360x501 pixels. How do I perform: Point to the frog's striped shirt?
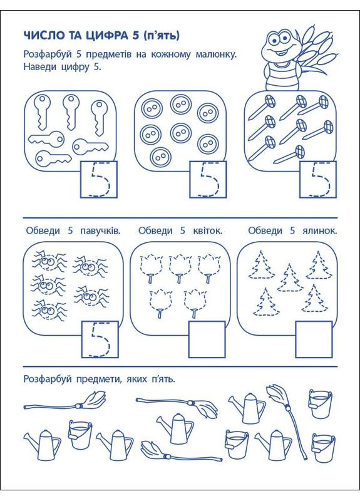click(x=281, y=76)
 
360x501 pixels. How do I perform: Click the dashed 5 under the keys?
click(x=100, y=180)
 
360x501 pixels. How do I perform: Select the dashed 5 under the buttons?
click(x=209, y=180)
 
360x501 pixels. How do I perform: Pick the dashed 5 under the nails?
click(x=319, y=180)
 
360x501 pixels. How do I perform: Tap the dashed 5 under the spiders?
click(x=100, y=339)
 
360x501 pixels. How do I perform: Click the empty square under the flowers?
click(x=207, y=339)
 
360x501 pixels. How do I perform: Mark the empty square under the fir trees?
click(x=314, y=339)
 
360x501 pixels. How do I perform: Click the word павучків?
click(x=101, y=231)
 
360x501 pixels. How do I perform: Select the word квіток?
click(x=207, y=230)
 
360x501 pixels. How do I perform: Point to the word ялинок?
click(x=320, y=230)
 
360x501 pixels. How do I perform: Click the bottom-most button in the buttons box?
click(x=161, y=157)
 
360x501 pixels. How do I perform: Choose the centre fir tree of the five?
click(x=290, y=277)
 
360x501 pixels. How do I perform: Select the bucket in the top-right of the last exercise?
click(x=320, y=403)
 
